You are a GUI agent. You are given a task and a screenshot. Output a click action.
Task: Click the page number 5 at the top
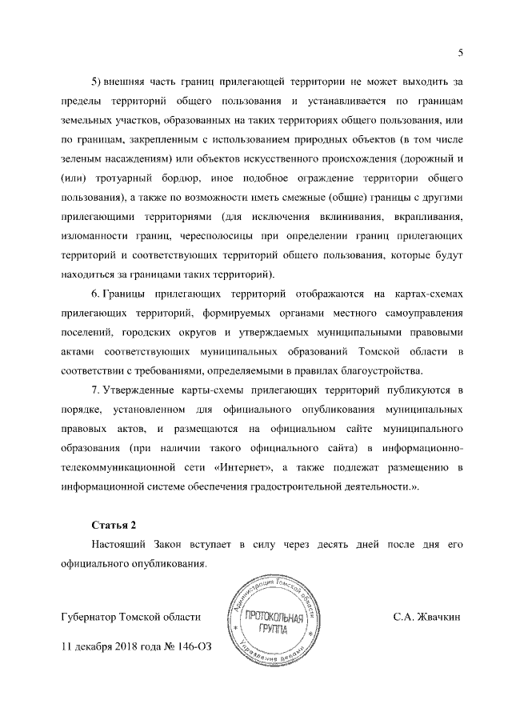pos(461,53)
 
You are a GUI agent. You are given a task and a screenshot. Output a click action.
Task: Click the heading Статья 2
pos(114,525)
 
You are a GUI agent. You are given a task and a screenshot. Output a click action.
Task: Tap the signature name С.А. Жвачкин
pos(427,618)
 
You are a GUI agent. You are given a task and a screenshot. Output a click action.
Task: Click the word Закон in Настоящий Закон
pos(182,544)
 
